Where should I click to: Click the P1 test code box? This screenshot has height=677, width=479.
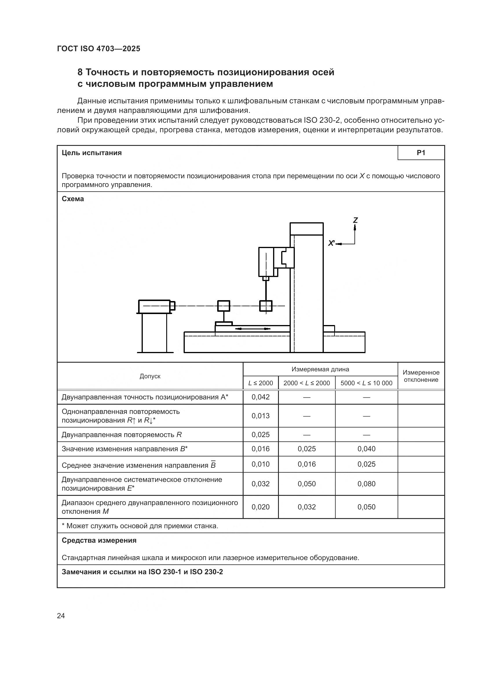pos(421,153)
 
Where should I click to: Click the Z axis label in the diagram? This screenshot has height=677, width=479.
pos(355,220)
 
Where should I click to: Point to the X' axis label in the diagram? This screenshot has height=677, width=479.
pos(332,243)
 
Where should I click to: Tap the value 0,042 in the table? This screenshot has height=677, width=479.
pos(260,397)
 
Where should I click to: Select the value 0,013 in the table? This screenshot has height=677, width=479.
pos(260,416)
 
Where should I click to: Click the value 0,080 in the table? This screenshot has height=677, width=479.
pos(366,484)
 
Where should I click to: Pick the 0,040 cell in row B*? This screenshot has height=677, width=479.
pos(366,449)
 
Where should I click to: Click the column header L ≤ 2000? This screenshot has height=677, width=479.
pos(260,383)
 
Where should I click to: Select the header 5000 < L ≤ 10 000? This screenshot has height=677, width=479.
pos(366,383)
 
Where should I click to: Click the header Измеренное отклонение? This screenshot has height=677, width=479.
pos(421,376)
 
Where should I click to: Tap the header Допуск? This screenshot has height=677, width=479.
pos(150,376)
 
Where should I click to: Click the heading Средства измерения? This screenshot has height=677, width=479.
pos(99,540)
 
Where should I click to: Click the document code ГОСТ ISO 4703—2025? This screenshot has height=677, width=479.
pos(98,49)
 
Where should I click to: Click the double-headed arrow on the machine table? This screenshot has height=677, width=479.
pos(253,329)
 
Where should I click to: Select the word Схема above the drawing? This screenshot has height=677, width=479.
pos(73,199)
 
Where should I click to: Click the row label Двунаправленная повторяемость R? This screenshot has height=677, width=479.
pos(122,435)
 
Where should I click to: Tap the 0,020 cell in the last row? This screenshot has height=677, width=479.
pos(260,507)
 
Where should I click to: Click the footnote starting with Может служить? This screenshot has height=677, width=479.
pos(140,526)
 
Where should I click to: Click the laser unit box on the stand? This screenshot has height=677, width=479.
pos(154,307)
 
